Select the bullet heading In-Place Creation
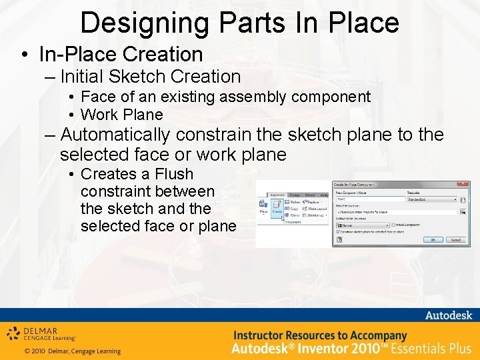click(121, 54)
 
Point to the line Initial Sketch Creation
click(150, 77)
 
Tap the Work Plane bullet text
click(121, 115)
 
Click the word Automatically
click(115, 135)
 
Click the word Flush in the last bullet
click(174, 174)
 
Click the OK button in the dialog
click(433, 239)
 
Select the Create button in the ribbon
click(277, 211)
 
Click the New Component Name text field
click(370, 199)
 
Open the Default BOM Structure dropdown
click(361, 225)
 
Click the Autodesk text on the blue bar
click(448, 315)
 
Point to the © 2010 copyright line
click(72, 351)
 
